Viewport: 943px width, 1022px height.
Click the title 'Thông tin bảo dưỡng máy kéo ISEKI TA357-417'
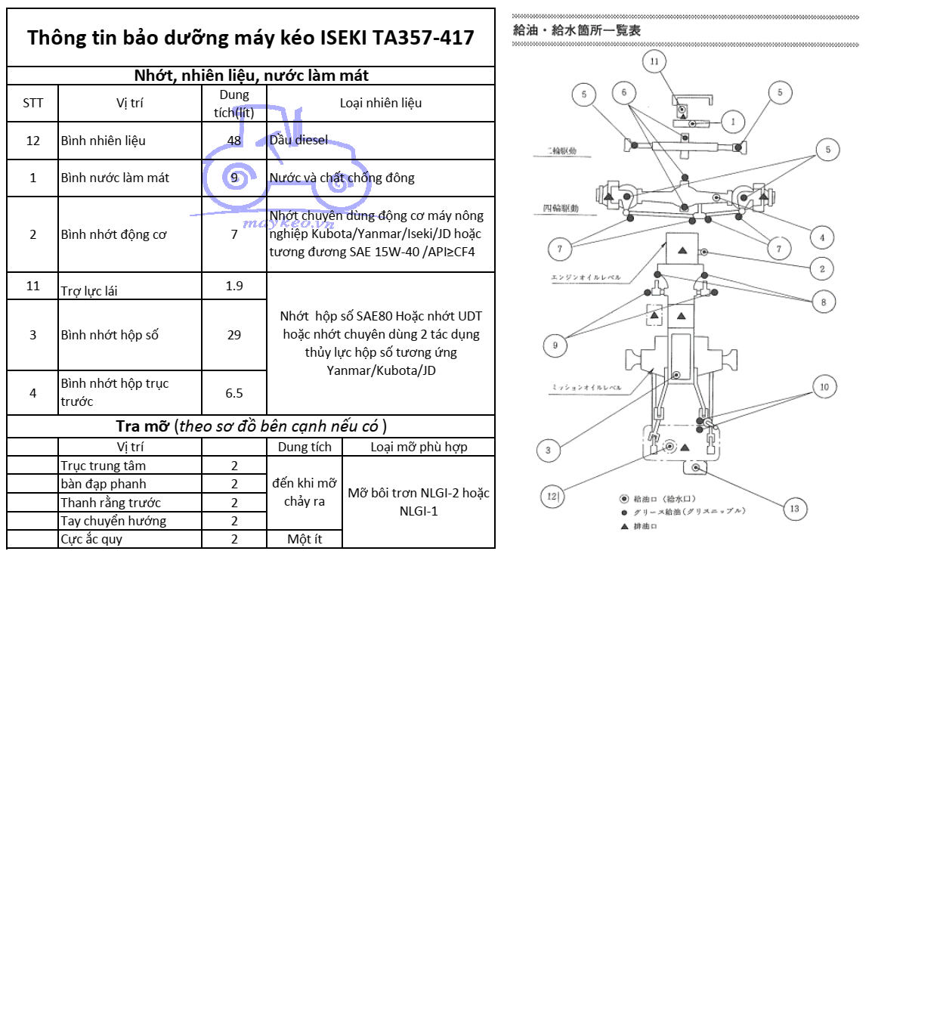tap(250, 38)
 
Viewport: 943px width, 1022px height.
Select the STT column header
tap(32, 104)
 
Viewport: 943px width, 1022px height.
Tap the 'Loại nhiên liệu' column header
tap(380, 104)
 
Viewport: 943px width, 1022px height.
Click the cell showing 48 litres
tap(234, 141)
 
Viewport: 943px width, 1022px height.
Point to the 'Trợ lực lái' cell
tap(89, 290)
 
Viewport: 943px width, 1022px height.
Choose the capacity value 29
tap(234, 335)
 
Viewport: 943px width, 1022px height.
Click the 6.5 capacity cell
tap(234, 393)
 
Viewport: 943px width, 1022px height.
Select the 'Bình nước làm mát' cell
tap(115, 178)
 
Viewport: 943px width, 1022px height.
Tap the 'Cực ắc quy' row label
tap(91, 539)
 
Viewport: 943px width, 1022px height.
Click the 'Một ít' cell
tap(305, 539)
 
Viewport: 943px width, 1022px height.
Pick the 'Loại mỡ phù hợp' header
tap(419, 447)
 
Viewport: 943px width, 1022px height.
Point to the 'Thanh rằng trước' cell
tap(110, 503)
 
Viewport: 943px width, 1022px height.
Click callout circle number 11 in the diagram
tap(654, 62)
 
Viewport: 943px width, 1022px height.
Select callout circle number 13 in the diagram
tap(795, 509)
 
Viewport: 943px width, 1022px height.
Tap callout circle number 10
tap(824, 387)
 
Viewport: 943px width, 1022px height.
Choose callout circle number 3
tap(549, 451)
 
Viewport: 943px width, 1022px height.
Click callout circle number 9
tap(555, 345)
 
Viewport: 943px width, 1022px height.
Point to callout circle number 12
tap(552, 497)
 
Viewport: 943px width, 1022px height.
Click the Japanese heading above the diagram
tap(577, 31)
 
